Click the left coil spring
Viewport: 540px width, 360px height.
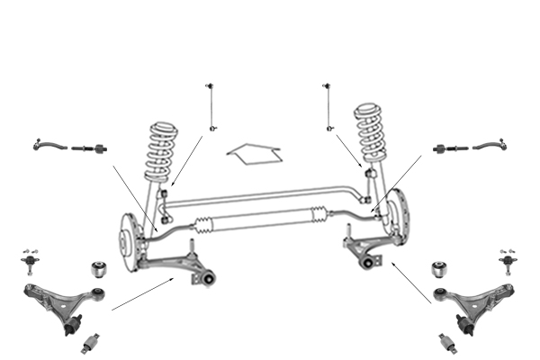[x=160, y=151]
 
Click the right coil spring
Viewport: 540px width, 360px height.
[x=372, y=133]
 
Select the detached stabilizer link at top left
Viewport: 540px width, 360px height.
[x=211, y=106]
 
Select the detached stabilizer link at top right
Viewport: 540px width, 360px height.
[x=328, y=106]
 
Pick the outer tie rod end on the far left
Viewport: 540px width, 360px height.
[x=49, y=143]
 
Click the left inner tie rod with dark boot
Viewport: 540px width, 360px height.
[x=91, y=148]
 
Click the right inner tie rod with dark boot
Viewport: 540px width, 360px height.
[x=448, y=148]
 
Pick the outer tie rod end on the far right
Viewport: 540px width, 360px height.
[x=490, y=143]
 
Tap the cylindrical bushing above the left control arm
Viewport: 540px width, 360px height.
[x=101, y=269]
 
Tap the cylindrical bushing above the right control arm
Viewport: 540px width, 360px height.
[x=440, y=269]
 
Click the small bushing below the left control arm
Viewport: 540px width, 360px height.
[x=92, y=343]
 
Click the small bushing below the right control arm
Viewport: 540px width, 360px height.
[x=446, y=343]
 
